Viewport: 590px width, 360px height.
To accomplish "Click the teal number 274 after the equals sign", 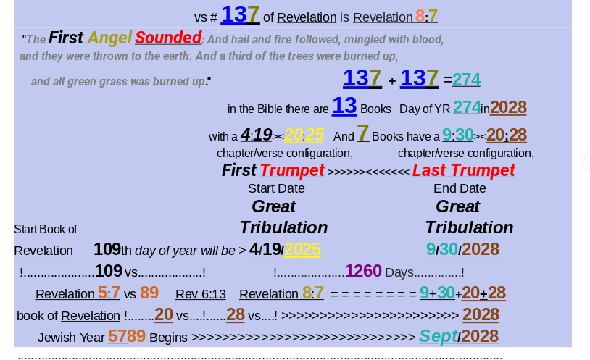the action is (x=466, y=80).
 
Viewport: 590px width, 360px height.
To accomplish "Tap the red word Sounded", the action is (x=168, y=38).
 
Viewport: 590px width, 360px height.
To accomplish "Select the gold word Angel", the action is (x=109, y=38).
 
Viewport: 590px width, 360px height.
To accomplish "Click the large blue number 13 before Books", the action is (x=344, y=106).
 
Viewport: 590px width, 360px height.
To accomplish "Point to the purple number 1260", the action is (x=363, y=271).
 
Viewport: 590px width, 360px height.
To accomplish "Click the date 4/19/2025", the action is (x=285, y=249).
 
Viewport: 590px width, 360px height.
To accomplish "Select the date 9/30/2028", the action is (x=462, y=249).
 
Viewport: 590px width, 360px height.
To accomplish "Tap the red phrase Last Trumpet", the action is (x=464, y=170).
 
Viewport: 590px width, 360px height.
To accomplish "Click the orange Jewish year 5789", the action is (x=126, y=336).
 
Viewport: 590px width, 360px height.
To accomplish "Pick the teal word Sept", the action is (x=439, y=336).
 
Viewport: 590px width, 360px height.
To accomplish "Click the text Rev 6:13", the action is (x=201, y=294).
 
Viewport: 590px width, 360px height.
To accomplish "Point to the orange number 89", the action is (x=149, y=293).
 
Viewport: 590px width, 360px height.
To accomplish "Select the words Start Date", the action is (x=276, y=188).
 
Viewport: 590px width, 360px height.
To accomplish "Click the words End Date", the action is (x=460, y=188).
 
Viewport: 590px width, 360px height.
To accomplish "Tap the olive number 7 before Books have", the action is (x=362, y=133).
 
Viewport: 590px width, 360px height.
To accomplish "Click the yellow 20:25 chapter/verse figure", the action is (x=304, y=135).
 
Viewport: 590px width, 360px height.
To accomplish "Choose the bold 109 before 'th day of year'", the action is (x=107, y=249).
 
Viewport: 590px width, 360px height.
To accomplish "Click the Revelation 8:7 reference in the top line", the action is (x=395, y=17).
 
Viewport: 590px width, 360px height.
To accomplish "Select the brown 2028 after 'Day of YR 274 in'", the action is (x=508, y=108).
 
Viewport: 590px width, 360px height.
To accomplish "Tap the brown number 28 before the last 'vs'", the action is (x=235, y=314).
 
